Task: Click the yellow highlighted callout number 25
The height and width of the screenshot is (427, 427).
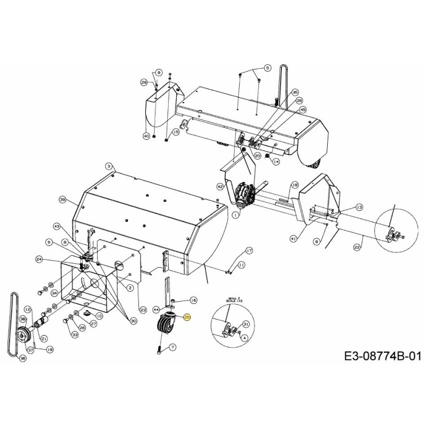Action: click(x=187, y=317)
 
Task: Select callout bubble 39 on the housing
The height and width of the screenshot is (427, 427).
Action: click(x=62, y=200)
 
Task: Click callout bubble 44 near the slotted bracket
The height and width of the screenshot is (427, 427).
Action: click(x=156, y=309)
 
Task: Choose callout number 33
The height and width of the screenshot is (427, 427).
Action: click(x=74, y=335)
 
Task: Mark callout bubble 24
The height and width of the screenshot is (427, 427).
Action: click(x=39, y=259)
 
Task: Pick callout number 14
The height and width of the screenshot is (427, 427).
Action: click(x=276, y=161)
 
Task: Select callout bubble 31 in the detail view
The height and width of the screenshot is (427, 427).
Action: click(x=246, y=324)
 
